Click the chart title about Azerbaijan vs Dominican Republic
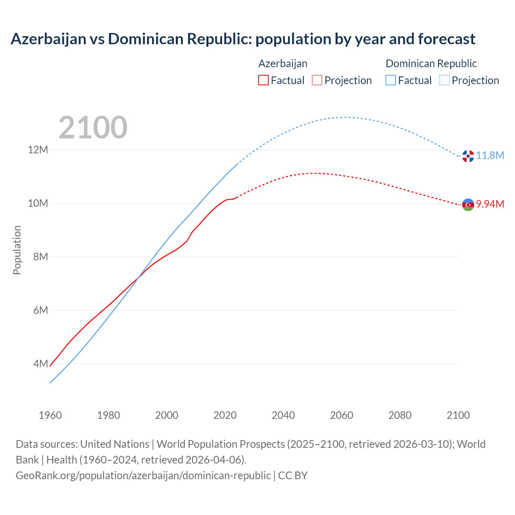(x=243, y=39)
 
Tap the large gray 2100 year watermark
(x=93, y=128)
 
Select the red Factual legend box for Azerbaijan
(x=263, y=80)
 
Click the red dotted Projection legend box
(x=317, y=80)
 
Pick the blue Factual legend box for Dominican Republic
(x=391, y=80)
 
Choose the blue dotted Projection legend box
(x=445, y=80)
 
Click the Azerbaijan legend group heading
(x=283, y=64)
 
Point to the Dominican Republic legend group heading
(x=431, y=64)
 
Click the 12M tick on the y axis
(x=38, y=150)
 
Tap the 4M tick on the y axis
(x=40, y=364)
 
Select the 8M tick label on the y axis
(x=40, y=257)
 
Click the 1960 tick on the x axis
(x=50, y=415)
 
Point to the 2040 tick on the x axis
(x=283, y=415)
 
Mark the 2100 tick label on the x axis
(x=458, y=415)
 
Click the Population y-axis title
(x=17, y=250)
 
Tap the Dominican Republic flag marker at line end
(x=468, y=156)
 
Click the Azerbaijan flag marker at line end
(x=468, y=205)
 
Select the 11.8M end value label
(x=490, y=156)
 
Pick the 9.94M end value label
(x=490, y=204)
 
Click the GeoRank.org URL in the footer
(x=143, y=476)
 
